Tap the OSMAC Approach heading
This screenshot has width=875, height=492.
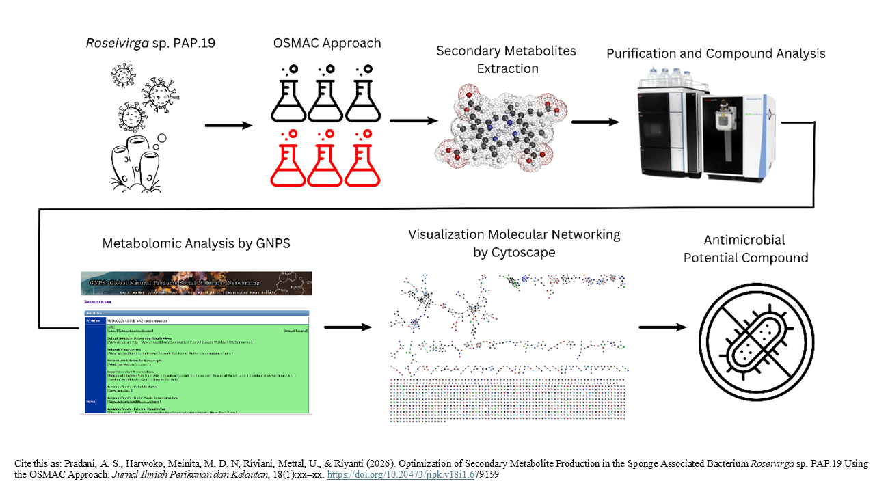326,43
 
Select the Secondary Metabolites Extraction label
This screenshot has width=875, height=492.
507,59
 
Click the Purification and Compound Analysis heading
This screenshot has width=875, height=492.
716,53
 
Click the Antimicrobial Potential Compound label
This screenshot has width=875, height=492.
745,249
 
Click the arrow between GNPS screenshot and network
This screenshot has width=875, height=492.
347,328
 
